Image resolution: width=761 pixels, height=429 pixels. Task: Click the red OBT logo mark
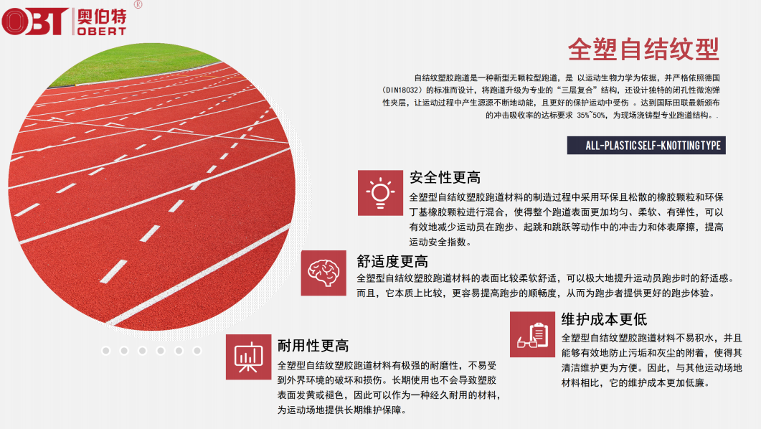[35, 22]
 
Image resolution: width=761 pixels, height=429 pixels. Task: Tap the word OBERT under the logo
[102, 32]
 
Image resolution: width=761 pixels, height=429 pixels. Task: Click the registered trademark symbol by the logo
[138, 4]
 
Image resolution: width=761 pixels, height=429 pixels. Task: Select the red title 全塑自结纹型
[643, 49]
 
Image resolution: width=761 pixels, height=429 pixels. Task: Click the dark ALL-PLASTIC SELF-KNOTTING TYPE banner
[646, 145]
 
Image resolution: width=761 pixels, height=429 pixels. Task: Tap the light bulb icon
[380, 193]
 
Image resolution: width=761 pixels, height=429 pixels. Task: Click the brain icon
[323, 273]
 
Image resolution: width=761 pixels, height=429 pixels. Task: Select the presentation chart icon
[248, 357]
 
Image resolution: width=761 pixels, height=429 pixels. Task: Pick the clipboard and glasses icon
[532, 334]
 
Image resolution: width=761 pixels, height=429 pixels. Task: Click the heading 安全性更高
[445, 178]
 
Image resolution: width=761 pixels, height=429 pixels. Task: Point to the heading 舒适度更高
[392, 262]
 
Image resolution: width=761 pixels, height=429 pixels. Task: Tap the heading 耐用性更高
[313, 346]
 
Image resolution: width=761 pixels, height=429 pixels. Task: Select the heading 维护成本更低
[604, 319]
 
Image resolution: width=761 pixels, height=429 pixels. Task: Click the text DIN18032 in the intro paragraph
[402, 90]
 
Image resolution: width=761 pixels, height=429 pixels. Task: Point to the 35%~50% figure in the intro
[591, 115]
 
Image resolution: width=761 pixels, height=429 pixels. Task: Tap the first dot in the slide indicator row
[106, 350]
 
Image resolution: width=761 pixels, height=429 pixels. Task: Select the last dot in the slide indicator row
[197, 350]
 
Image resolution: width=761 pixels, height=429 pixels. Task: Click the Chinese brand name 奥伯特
[102, 16]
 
